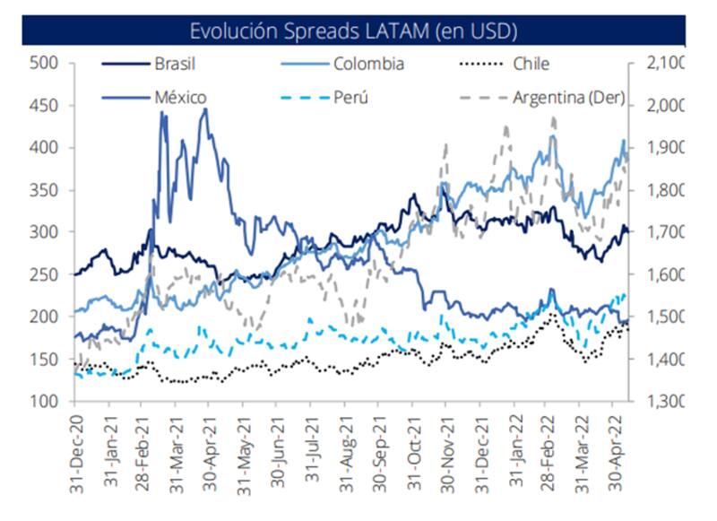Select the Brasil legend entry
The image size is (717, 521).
click(x=175, y=64)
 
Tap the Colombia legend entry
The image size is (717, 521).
click(x=368, y=64)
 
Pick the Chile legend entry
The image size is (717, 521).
click(x=531, y=64)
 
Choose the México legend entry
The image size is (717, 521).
click(x=180, y=97)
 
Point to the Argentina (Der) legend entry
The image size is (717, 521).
click(x=568, y=97)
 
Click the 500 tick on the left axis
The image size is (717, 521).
click(x=44, y=63)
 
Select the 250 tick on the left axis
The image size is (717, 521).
click(x=44, y=274)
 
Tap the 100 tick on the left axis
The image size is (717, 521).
click(x=44, y=402)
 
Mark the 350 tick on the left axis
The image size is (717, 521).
click(x=44, y=190)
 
